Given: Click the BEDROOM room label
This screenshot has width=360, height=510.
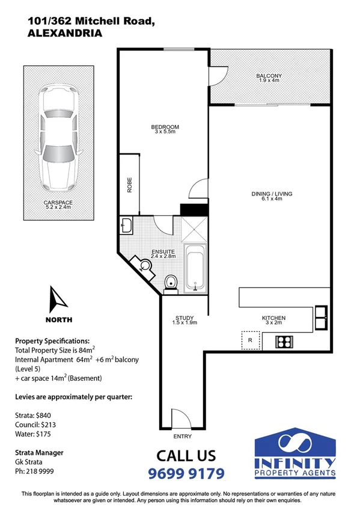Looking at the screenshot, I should [x=165, y=127].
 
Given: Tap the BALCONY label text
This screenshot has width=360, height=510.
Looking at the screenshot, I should [x=269, y=76].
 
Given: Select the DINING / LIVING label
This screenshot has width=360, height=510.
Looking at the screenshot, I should [x=267, y=194].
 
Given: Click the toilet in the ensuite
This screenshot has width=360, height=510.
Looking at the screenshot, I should [x=171, y=281].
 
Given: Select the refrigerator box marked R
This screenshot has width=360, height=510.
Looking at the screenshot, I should [x=249, y=340].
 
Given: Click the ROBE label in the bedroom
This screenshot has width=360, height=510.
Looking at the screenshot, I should [x=129, y=184].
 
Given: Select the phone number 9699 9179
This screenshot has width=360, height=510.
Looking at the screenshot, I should [x=186, y=473].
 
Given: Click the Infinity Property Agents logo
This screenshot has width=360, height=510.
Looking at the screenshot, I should [x=295, y=455].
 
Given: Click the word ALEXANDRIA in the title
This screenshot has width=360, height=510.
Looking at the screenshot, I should [x=65, y=34].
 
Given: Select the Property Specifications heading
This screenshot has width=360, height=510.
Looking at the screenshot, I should [x=52, y=340].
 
